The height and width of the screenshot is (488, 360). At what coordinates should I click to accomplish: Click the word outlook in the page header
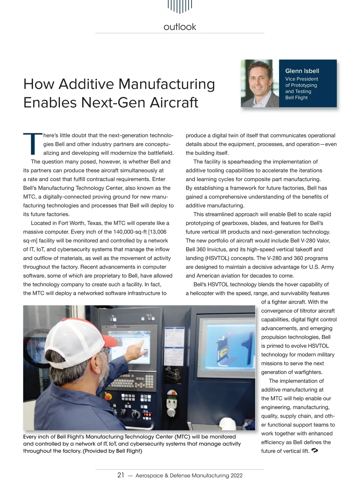tap(180, 27)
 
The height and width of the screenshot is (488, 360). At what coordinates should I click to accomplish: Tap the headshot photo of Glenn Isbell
tap(260, 83)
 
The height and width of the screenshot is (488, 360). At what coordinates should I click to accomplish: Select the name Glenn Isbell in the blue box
tap(302, 71)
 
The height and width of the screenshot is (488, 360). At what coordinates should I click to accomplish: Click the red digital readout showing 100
tap(147, 415)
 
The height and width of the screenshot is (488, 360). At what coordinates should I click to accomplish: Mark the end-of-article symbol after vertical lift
tap(315, 450)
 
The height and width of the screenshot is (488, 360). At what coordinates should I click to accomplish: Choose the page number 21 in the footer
tap(121, 475)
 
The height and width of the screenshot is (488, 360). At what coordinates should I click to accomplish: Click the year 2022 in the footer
tap(236, 476)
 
